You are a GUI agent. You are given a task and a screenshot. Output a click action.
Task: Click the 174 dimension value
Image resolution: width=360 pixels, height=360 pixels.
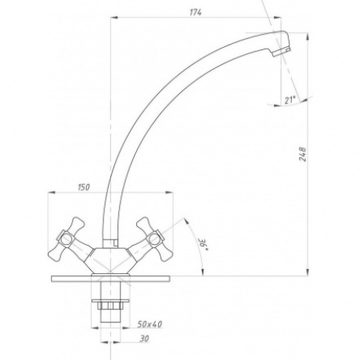196,13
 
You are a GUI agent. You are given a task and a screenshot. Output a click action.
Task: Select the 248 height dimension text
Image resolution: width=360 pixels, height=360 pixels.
302,154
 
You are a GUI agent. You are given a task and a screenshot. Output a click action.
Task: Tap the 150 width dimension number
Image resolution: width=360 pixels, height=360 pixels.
84,187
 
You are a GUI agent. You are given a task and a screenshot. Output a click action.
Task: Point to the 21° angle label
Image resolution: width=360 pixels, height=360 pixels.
290,100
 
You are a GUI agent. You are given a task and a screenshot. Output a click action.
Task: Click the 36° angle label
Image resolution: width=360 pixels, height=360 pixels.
203,244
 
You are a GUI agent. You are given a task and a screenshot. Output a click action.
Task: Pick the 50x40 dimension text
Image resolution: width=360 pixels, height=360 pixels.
149,324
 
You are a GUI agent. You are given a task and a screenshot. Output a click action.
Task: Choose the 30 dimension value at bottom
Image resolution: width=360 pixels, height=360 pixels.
145,339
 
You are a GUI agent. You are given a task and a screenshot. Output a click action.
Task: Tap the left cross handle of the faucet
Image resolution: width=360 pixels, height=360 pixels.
69,240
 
